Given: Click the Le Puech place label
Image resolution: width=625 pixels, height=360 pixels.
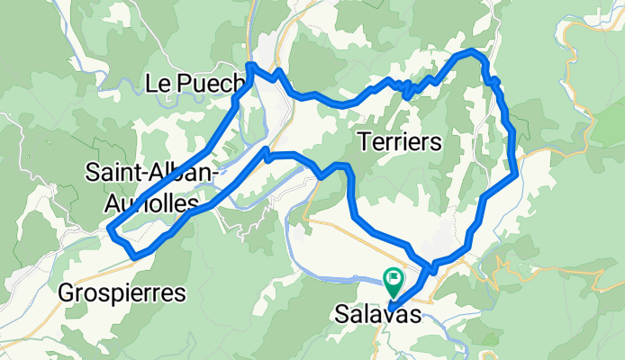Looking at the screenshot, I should coord(195,84).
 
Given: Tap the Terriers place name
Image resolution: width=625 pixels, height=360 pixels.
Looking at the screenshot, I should coord(399,141).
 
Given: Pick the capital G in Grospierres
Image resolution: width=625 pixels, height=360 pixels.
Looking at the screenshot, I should coord(66,292).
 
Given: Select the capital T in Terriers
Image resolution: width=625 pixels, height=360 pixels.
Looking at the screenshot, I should coord(364,141).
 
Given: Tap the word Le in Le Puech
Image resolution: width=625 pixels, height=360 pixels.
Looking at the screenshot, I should coord(155,84).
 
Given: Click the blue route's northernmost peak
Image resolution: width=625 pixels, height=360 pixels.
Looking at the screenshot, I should coord(472,51).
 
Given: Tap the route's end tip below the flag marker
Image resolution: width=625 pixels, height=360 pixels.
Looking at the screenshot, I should coord(390,310).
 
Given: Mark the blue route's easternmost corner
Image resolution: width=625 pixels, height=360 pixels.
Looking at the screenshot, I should coord(517,175).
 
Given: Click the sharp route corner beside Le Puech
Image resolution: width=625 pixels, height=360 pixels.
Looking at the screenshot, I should coord(249,66).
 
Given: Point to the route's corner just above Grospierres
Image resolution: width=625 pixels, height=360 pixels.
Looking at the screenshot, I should coord(134,257).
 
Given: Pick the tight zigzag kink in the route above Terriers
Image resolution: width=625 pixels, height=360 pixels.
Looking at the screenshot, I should coord(406,89).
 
